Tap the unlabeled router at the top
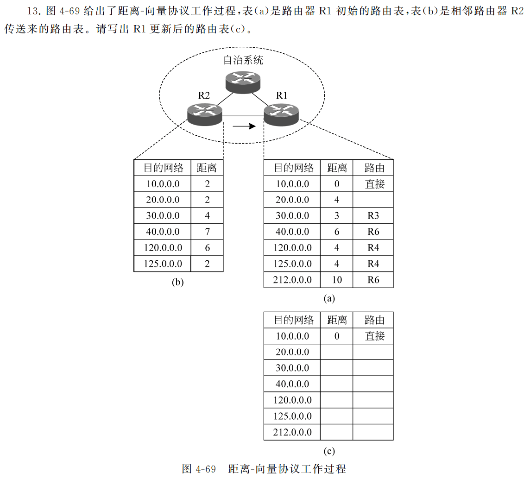click(x=243, y=81)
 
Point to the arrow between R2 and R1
click(x=244, y=126)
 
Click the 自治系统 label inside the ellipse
click(x=243, y=60)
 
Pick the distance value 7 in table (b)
click(x=207, y=232)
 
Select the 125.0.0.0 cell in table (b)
click(x=163, y=264)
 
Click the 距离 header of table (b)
click(x=207, y=167)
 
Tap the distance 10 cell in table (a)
click(x=337, y=279)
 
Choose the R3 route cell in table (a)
click(x=373, y=216)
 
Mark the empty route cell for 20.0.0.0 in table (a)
click(x=373, y=200)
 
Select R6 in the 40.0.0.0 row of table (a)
click(x=373, y=232)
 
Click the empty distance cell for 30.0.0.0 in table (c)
click(x=337, y=368)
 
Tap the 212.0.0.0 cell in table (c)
click(x=292, y=432)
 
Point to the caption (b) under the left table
click(x=178, y=282)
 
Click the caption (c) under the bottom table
click(x=329, y=451)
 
